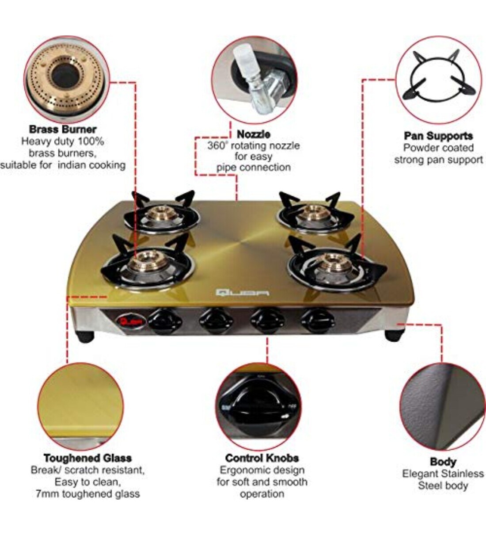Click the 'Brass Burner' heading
coord(62,130)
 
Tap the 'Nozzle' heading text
coord(253,134)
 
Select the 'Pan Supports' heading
coord(438,136)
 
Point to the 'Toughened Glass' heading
coord(87,458)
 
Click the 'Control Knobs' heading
coord(262,458)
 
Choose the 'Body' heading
coord(443,462)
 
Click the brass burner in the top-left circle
coord(65,77)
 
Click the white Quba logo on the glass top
coord(242,292)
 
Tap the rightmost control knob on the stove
coord(317,320)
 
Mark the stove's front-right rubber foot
coord(394,335)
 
